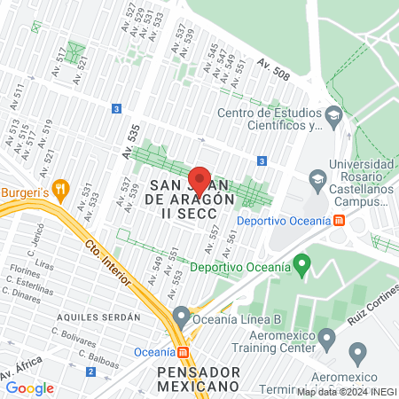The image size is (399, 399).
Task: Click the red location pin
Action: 199,179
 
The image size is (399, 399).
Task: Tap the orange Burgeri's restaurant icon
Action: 60,189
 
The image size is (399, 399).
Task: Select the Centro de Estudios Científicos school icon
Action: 332,115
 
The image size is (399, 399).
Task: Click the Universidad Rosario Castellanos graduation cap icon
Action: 317,180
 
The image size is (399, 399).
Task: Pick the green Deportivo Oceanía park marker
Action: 302,263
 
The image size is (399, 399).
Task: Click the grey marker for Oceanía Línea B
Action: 182,315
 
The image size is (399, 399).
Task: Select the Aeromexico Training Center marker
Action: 327,338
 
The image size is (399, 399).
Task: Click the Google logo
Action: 29,387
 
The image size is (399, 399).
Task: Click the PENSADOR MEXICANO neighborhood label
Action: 196,378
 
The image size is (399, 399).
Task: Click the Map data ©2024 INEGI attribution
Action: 347,391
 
